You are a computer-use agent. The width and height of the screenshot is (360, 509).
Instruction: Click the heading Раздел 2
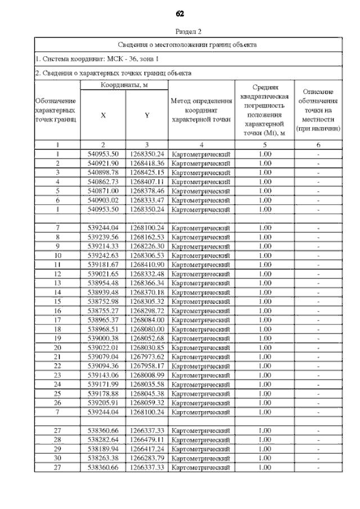tap(180, 32)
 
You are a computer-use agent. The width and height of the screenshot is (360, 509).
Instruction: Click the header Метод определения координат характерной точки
tap(201, 110)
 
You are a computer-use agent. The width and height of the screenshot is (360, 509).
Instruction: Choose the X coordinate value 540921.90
tap(103, 163)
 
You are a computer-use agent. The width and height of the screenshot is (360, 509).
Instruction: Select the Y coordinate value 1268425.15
tap(146, 172)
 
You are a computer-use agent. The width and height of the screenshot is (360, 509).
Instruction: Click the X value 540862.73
tap(103, 181)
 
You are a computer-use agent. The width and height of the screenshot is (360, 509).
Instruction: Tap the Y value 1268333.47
tap(146, 200)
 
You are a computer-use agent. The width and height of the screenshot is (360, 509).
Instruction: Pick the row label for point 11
tap(57, 264)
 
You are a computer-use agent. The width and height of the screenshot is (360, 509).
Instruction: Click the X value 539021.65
tap(103, 273)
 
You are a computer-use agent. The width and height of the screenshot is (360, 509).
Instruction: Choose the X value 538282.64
tap(103, 439)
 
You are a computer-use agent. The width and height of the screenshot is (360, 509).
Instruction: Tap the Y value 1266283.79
tap(146, 458)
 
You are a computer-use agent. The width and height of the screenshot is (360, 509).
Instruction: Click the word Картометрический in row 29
tap(201, 449)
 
